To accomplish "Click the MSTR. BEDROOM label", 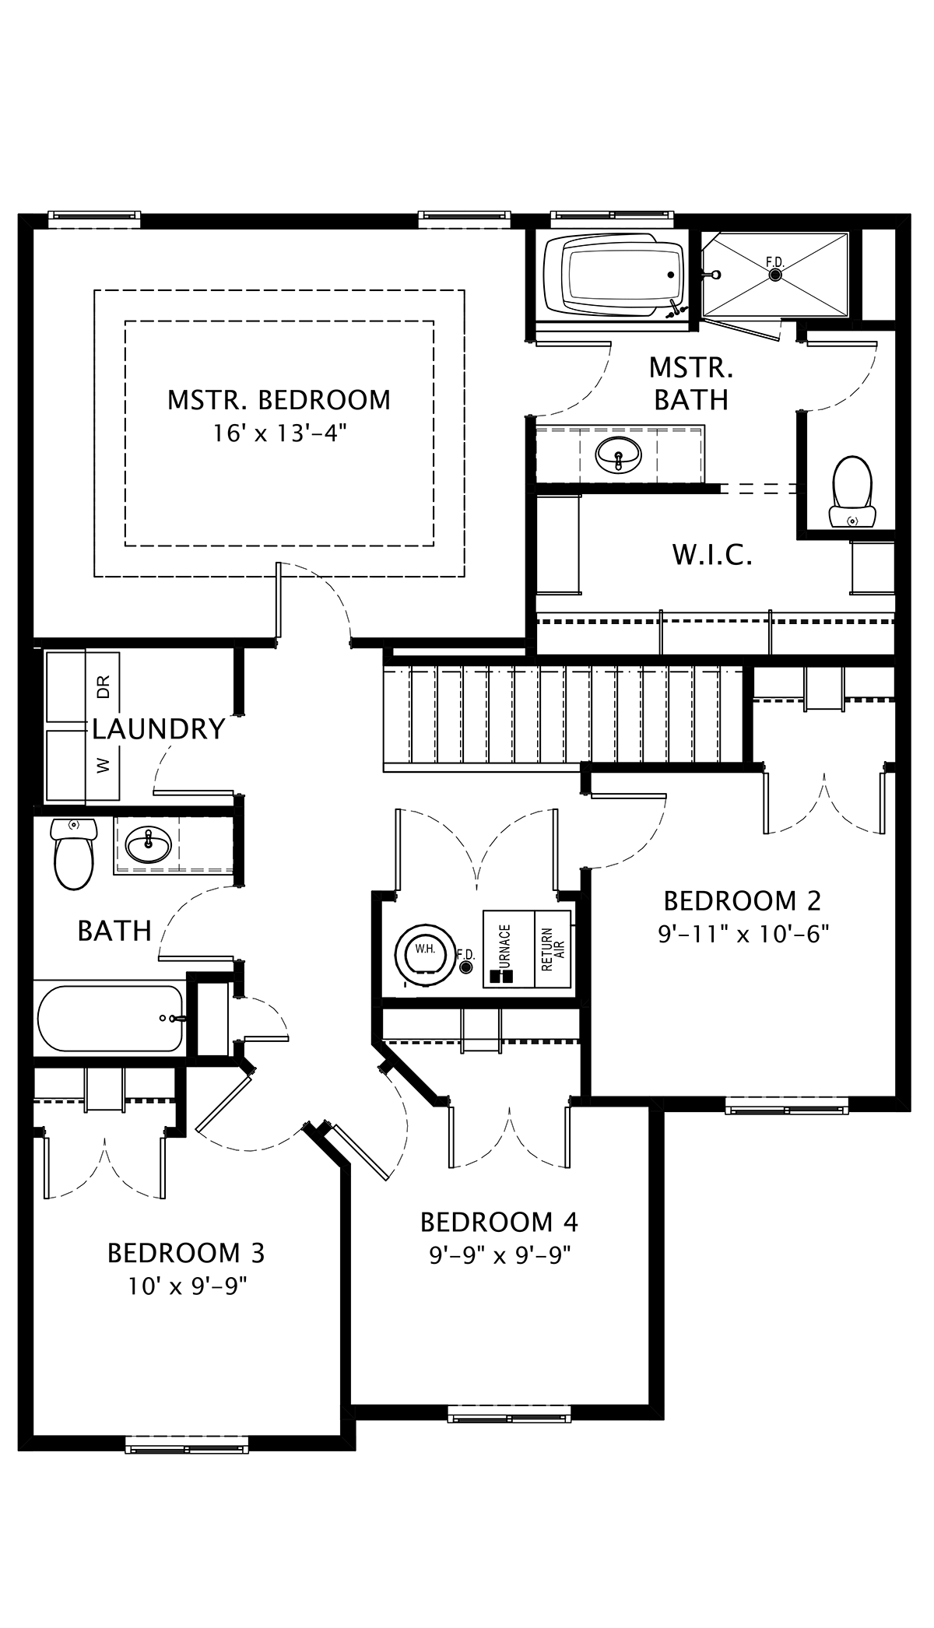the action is pos(279,400).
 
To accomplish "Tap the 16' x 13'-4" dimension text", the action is pos(279,433).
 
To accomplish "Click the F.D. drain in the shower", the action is pos(774,274).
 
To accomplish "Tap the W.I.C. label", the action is pos(712,556).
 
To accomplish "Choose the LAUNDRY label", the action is pos(159,729).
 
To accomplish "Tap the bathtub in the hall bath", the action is pos(109,1018).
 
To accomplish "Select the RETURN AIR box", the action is pos(553,949).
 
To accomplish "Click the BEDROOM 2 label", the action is pos(742,901).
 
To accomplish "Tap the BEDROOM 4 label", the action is pos(499,1223).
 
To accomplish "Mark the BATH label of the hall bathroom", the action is pos(114,931).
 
